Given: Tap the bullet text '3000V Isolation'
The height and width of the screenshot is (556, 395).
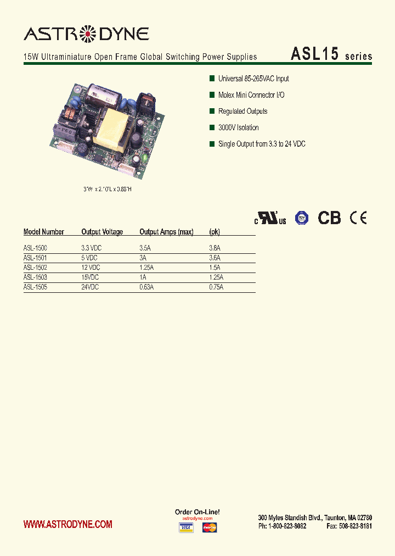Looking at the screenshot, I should point(238,127).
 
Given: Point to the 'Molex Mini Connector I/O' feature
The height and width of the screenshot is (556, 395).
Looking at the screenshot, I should point(251,95).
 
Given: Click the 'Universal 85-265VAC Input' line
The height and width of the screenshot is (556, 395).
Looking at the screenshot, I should point(253,79).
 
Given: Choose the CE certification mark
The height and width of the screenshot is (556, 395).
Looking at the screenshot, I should point(359,218).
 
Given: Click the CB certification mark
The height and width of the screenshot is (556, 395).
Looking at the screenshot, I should point(330,218).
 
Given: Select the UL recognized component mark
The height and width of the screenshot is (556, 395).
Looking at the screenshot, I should point(270,218).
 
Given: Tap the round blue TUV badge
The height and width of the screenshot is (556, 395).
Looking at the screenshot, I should point(301,218).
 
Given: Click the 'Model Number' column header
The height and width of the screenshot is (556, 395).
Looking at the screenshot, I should point(44,232).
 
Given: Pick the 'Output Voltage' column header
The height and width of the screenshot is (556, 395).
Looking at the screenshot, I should point(102,232).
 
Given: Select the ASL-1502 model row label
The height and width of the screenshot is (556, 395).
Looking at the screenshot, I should point(35,268).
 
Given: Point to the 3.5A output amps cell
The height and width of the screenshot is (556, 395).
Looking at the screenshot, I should point(145,248).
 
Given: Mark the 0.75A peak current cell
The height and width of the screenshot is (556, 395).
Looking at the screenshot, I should point(216,287).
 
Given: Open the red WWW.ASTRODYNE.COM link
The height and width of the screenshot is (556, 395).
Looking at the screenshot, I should point(68,525).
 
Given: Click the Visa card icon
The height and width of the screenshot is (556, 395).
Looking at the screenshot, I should point(186,528).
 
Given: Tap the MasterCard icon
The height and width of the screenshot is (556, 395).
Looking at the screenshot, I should point(210,528).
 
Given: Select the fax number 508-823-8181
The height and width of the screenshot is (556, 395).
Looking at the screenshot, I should point(349,526).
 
